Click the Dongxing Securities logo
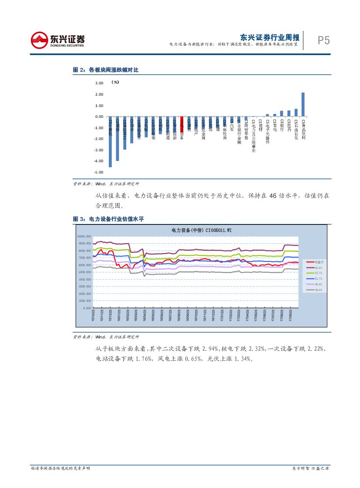[x=57, y=40]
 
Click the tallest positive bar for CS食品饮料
[x=303, y=104]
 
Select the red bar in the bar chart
[x=182, y=124]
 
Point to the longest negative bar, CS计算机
[x=110, y=142]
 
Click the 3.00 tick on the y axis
[x=98, y=83]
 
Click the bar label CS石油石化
[x=296, y=130]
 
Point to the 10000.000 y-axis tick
[x=84, y=236]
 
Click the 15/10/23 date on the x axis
[x=93, y=316]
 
